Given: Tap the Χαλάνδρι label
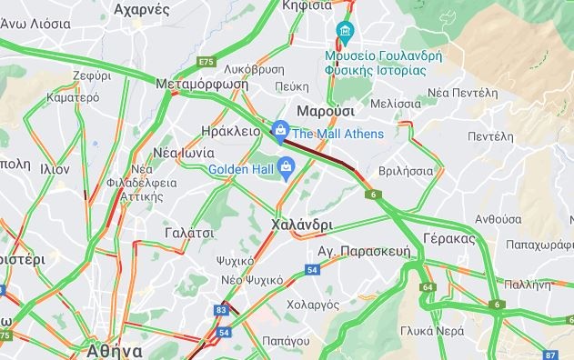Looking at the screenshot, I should pyautogui.click(x=301, y=224).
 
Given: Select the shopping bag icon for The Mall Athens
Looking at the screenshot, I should pyautogui.click(x=281, y=133).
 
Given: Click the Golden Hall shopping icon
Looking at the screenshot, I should pyautogui.click(x=286, y=167).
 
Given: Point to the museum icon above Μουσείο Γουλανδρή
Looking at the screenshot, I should pyautogui.click(x=345, y=34).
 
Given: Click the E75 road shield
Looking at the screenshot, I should pyautogui.click(x=205, y=62).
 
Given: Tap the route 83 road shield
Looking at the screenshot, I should pyautogui.click(x=222, y=310).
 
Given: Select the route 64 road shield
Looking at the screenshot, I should pyautogui.click(x=428, y=287).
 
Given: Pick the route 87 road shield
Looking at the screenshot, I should pyautogui.click(x=550, y=355).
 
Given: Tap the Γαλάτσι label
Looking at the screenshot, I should pyautogui.click(x=189, y=233).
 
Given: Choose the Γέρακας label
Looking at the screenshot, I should pyautogui.click(x=449, y=238).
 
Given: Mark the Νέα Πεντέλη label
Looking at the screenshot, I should pyautogui.click(x=462, y=93).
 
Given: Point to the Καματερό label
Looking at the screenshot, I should pyautogui.click(x=72, y=95).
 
